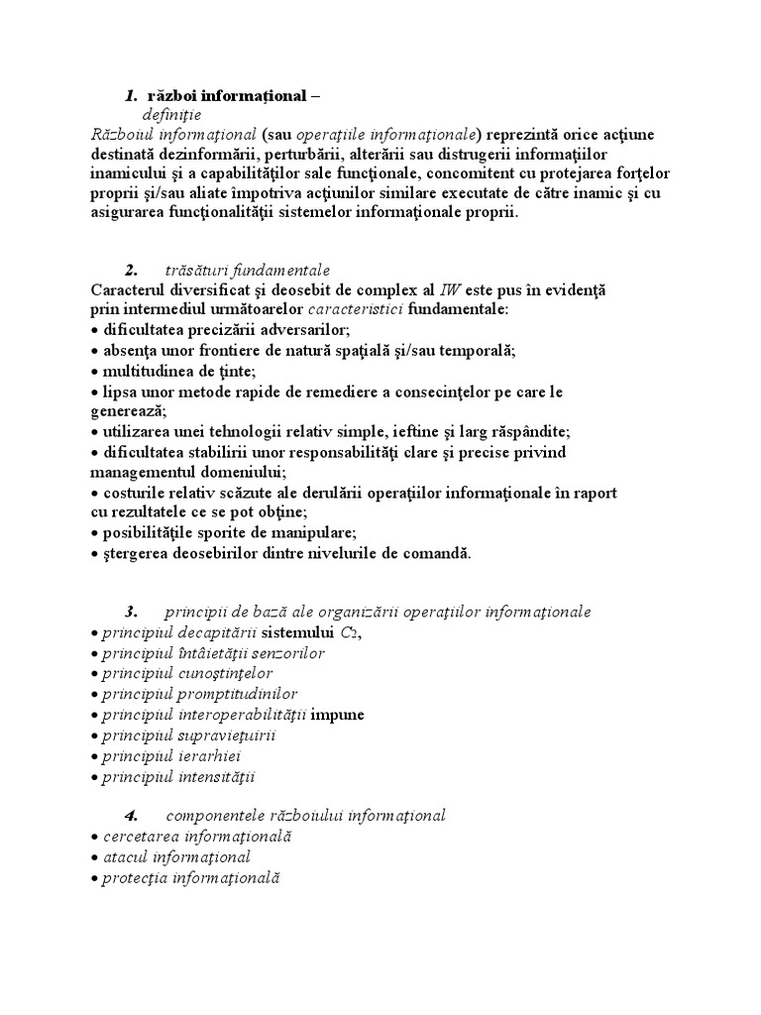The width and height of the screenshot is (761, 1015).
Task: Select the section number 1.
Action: (130, 96)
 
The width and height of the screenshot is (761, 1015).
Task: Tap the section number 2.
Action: (130, 270)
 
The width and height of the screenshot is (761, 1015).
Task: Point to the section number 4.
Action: (130, 816)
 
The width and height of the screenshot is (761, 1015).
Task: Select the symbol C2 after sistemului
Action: (348, 633)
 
